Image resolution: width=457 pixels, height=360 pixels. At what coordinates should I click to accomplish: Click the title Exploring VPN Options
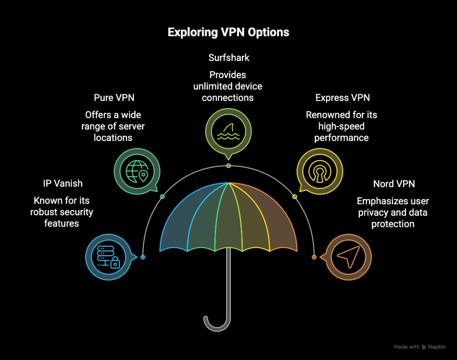[228, 32]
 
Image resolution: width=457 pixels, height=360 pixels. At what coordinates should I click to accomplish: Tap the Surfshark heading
[228, 58]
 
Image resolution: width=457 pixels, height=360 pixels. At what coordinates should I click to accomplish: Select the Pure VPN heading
[114, 98]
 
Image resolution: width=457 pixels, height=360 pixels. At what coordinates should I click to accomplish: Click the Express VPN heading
[343, 98]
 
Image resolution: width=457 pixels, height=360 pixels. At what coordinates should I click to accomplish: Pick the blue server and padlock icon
[108, 257]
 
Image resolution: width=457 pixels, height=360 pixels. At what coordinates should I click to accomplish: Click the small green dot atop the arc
[228, 166]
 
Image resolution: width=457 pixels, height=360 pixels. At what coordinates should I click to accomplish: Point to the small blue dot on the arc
[143, 257]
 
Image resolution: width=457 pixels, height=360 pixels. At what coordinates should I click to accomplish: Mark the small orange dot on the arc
[314, 257]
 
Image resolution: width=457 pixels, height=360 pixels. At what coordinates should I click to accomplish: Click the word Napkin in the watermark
[437, 347]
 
